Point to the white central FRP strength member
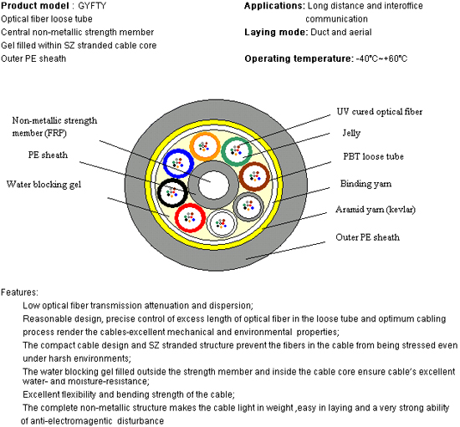click(x=213, y=185)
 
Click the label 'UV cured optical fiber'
click(x=380, y=112)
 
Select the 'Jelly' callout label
click(x=351, y=134)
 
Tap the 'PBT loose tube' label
click(x=374, y=156)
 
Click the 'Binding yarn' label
click(x=365, y=184)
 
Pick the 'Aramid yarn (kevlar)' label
click(x=376, y=210)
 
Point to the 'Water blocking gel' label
click(x=43, y=185)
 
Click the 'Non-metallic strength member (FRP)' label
click(x=54, y=127)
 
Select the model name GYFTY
click(x=92, y=6)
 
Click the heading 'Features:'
click(x=19, y=292)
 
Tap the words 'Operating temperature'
click(x=298, y=58)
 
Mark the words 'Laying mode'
click(x=275, y=33)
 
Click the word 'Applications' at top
click(x=273, y=6)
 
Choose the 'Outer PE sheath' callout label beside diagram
click(x=368, y=237)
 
